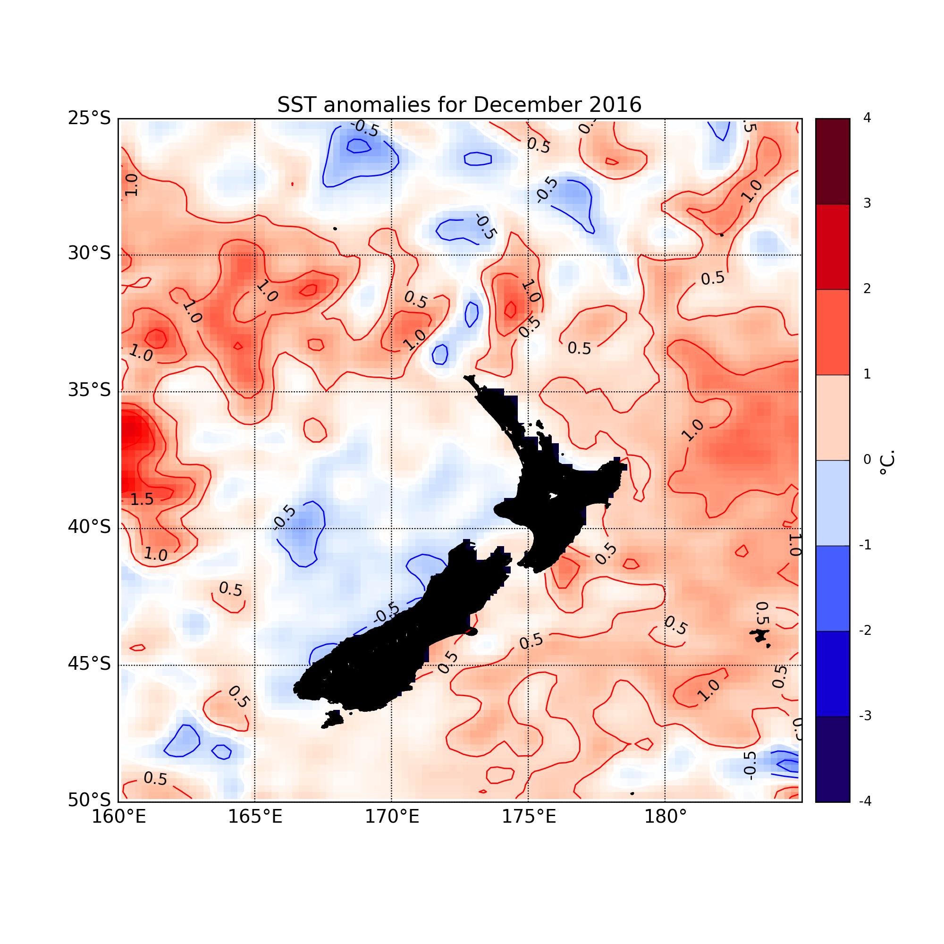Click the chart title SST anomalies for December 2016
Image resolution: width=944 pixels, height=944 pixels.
pyautogui.click(x=459, y=105)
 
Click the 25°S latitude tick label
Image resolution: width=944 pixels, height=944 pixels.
pyautogui.click(x=89, y=118)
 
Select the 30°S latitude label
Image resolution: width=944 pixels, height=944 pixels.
pyautogui.click(x=89, y=254)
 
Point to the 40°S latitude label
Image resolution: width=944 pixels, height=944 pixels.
pyautogui.click(x=89, y=528)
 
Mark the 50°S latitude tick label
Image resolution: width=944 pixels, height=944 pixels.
pyautogui.click(x=89, y=800)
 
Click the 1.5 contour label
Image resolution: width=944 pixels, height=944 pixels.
pyautogui.click(x=142, y=499)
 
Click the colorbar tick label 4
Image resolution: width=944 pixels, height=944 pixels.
pyautogui.click(x=867, y=118)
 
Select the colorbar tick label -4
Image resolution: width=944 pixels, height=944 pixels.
pyautogui.click(x=865, y=801)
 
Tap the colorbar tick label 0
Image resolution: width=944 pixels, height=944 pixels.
pyautogui.click(x=867, y=460)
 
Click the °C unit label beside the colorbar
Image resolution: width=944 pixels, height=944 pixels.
pyautogui.click(x=887, y=462)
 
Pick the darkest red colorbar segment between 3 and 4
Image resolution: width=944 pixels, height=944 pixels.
pyautogui.click(x=833, y=161)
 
